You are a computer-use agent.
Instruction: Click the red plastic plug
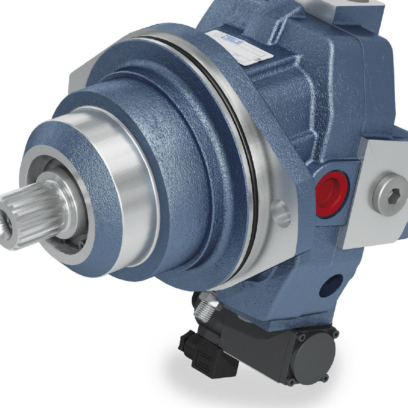tap(331, 193)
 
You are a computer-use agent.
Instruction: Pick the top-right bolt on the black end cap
tap(335, 333)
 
